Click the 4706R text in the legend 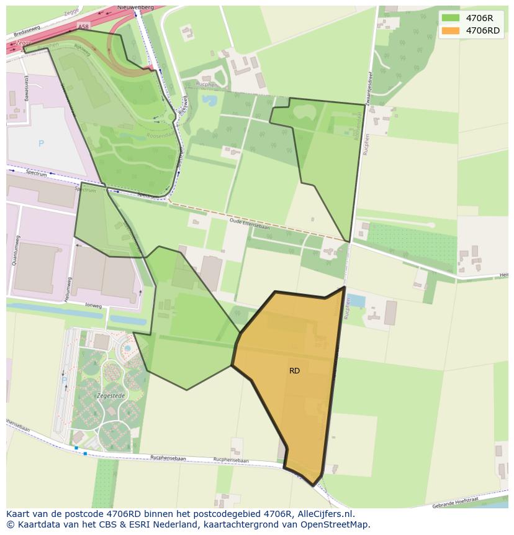479,18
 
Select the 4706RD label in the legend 482,30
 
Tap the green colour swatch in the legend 451,18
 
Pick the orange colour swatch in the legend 451,30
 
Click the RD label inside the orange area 294,371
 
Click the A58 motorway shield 84,27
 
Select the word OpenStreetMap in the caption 335,524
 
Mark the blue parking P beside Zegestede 63,380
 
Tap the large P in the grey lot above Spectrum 41,144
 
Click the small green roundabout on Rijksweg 171,116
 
